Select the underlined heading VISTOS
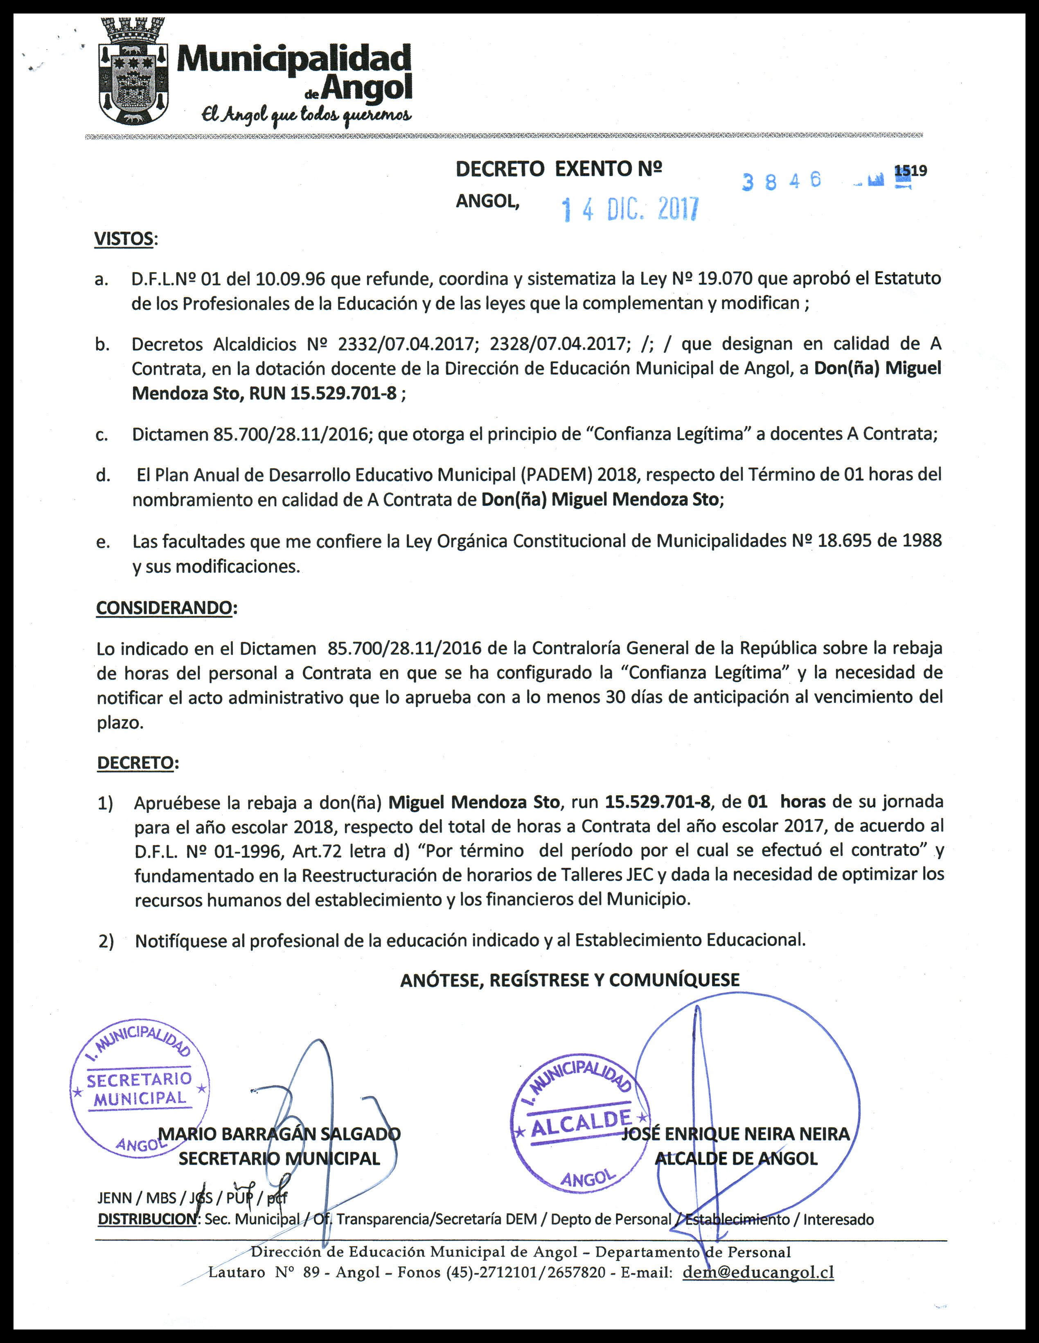[x=124, y=239]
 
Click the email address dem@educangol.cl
[x=758, y=1272]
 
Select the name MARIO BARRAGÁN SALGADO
[x=280, y=1134]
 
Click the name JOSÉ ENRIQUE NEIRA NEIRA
[x=735, y=1134]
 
